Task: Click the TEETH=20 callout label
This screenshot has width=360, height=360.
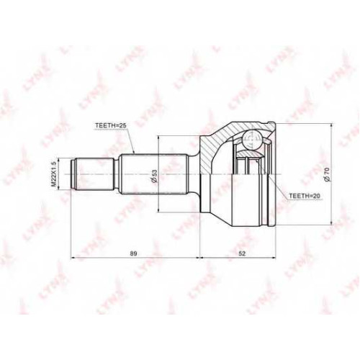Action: click(x=305, y=196)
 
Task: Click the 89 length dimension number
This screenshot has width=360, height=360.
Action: click(x=134, y=253)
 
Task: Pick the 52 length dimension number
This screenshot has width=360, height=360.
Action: click(x=243, y=253)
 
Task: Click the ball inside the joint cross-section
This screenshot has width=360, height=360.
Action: click(x=251, y=140)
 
